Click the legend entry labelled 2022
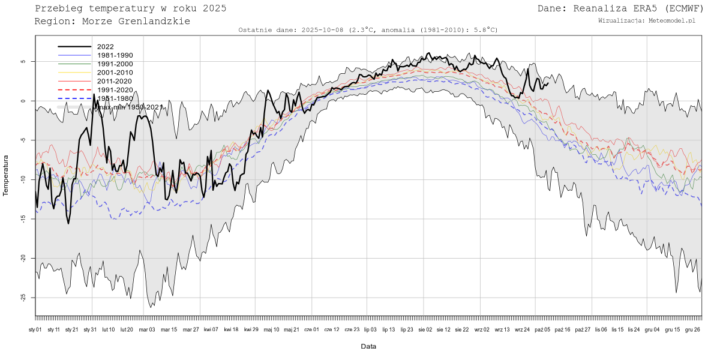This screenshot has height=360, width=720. [x=105, y=47]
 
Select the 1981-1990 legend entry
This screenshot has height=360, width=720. [x=115, y=55]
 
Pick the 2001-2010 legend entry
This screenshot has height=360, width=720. [x=115, y=73]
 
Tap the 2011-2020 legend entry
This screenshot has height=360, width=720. [x=115, y=81]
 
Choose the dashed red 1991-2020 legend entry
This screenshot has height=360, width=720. [x=115, y=90]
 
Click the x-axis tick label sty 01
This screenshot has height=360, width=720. [x=35, y=329]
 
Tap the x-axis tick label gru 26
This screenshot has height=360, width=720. [x=692, y=329]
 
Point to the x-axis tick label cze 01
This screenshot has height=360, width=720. [x=312, y=329]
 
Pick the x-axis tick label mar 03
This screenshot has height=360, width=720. [x=147, y=329]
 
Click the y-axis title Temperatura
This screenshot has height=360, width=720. [x=7, y=175]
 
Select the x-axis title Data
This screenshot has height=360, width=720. [x=368, y=347]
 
